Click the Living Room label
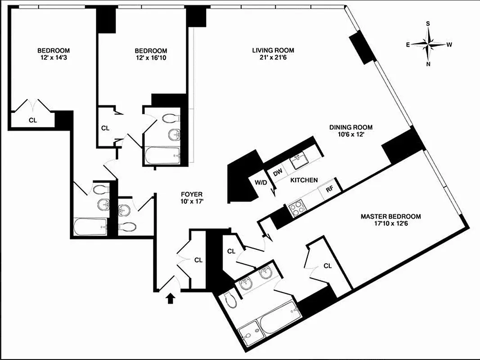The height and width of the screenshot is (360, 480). tap(273, 50)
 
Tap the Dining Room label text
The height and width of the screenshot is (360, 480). tap(351, 127)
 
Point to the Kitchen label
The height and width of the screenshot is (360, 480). tap(304, 180)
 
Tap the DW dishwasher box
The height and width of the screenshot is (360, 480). tap(277, 171)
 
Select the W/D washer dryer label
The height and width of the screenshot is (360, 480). tap(261, 183)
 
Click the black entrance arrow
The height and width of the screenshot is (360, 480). tap(170, 298)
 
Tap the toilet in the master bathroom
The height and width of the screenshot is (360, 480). tap(229, 299)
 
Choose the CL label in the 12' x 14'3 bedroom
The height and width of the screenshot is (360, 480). tap(32, 121)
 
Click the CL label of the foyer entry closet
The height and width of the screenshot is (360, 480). tap(198, 260)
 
